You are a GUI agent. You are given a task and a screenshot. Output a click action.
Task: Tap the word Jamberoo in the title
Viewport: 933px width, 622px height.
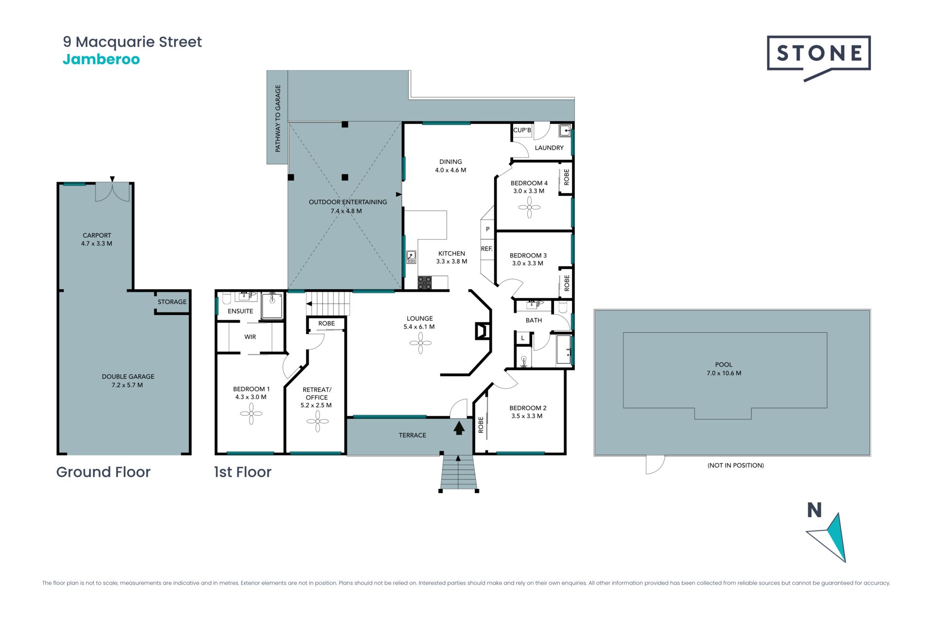(101, 59)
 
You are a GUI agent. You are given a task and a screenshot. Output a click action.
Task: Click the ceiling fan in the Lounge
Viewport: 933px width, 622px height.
(420, 344)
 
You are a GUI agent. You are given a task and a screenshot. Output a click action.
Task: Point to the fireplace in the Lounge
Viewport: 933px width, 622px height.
(482, 331)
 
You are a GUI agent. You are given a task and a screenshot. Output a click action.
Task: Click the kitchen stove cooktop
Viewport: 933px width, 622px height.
(424, 283)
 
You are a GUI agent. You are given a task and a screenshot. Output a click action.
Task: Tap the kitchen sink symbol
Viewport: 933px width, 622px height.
(411, 257)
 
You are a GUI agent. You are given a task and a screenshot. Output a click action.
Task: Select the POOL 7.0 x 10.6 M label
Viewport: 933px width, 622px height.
(724, 369)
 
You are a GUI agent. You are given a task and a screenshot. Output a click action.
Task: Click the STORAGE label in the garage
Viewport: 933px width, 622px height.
(172, 302)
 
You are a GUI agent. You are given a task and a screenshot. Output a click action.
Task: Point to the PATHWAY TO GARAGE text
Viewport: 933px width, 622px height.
(278, 119)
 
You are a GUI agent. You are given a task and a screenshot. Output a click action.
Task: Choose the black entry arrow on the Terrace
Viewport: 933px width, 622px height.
(459, 428)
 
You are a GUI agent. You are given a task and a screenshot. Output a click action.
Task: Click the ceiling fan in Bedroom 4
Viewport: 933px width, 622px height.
(529, 207)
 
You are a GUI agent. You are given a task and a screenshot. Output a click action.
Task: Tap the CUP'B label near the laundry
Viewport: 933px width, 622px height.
(522, 130)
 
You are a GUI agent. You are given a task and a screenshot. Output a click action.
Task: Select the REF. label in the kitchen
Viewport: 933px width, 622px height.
(486, 249)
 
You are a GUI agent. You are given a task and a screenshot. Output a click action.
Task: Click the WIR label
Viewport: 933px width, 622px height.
(250, 337)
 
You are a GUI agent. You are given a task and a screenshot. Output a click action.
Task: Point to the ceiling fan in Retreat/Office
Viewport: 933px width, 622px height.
(318, 421)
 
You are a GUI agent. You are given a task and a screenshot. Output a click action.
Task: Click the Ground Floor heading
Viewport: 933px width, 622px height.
(104, 472)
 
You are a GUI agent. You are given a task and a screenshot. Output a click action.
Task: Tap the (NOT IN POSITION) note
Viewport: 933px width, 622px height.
(736, 466)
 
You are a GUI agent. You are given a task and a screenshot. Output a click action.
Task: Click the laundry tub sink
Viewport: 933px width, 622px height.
(565, 131)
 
